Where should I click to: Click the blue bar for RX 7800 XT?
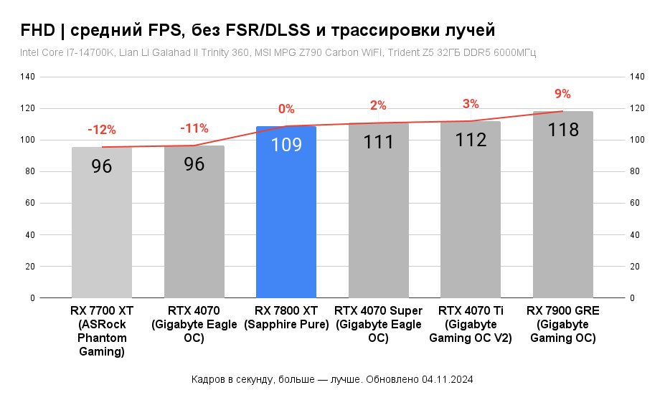coord(286,215)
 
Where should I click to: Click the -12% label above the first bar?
coord(101,130)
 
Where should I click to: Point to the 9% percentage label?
coord(562,94)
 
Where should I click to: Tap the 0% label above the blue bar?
coord(286,109)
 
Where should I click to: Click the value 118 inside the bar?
coord(562,130)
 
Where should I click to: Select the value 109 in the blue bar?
coord(286,145)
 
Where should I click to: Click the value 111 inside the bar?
coord(378,142)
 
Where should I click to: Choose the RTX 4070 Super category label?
coord(378,324)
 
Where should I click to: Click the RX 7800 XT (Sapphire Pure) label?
coord(286,318)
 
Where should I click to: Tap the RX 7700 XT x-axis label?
coord(102,330)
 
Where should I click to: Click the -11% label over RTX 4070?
coord(194,128)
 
